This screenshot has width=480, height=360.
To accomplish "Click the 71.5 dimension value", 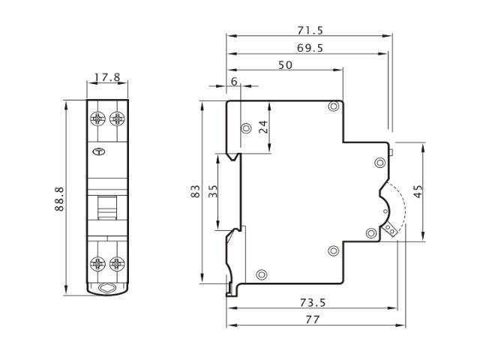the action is tap(310, 30).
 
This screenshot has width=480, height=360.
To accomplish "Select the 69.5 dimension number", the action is tap(310, 48).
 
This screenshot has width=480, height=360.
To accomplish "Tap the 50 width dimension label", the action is tap(285, 65).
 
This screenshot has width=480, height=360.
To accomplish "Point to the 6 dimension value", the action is tap(234, 82).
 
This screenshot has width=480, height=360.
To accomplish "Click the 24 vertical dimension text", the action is tap(263, 127).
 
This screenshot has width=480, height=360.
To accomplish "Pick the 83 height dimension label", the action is tap(195, 191).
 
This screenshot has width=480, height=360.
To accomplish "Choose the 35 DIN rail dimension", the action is tap(213, 191).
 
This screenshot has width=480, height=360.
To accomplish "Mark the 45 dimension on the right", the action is tap(418, 191).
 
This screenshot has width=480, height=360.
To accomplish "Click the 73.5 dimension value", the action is tap(313, 302).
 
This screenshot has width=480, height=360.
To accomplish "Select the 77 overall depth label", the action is tap(313, 319).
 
